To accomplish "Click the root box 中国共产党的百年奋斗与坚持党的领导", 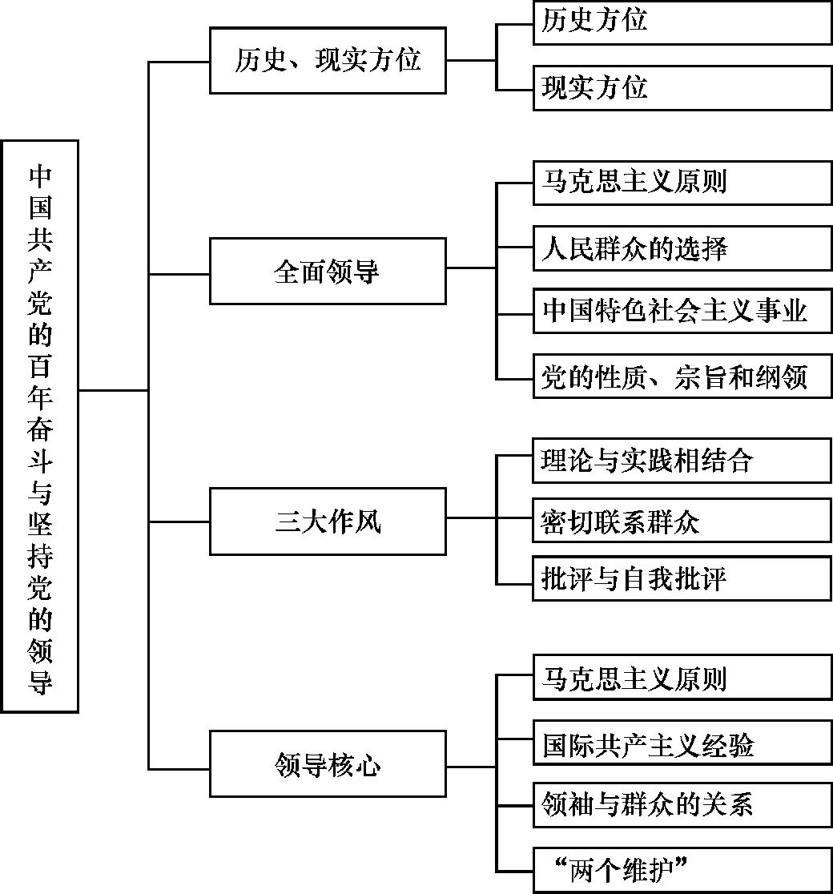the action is (40, 426).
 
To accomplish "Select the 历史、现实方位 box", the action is (328, 60).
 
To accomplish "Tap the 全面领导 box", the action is (328, 272).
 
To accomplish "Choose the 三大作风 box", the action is (328, 521).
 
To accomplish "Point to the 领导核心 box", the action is (328, 764).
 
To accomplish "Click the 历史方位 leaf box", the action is (682, 22).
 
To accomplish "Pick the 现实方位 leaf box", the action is (682, 88).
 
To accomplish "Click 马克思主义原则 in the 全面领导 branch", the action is (682, 183).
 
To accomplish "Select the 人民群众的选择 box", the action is (682, 248).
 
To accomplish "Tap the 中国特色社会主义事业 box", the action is (682, 312).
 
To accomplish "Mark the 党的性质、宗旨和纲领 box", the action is (682, 377).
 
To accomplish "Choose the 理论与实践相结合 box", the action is (682, 461).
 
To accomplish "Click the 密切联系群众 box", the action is (682, 521).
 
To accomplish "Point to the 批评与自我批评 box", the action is (682, 578).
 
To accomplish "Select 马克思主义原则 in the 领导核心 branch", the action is (682, 678).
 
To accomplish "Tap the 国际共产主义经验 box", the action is (682, 743).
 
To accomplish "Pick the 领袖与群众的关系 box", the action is (682, 805).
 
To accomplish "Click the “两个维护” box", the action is (682, 870).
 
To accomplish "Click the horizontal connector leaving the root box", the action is (114, 391).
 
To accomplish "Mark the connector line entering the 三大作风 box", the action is (179, 521).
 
